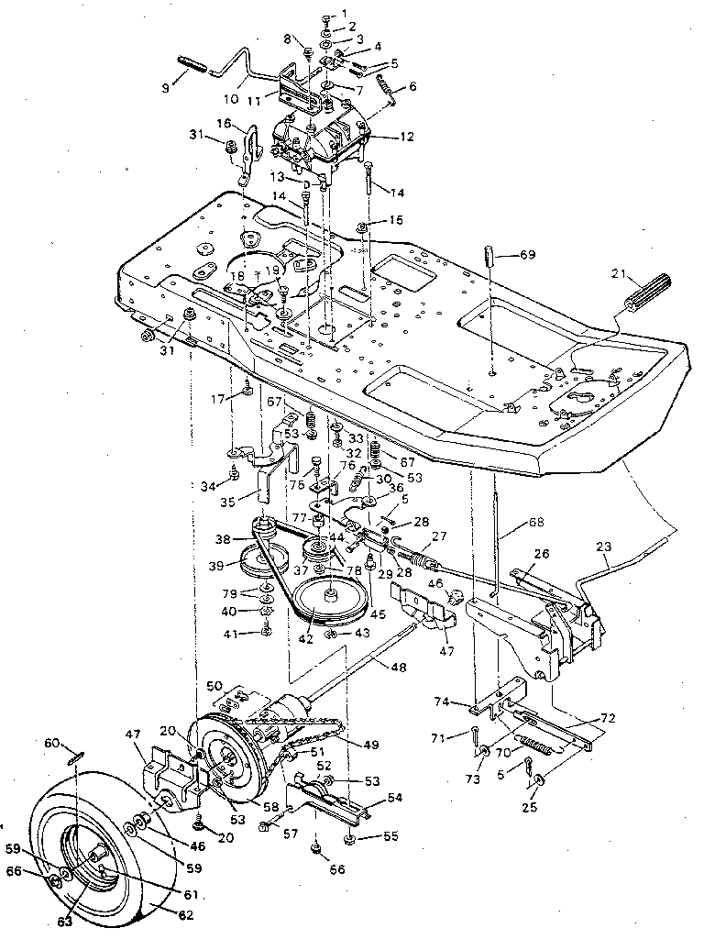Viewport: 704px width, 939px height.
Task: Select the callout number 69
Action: [x=527, y=253]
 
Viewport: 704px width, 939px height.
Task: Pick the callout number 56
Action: [x=337, y=869]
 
